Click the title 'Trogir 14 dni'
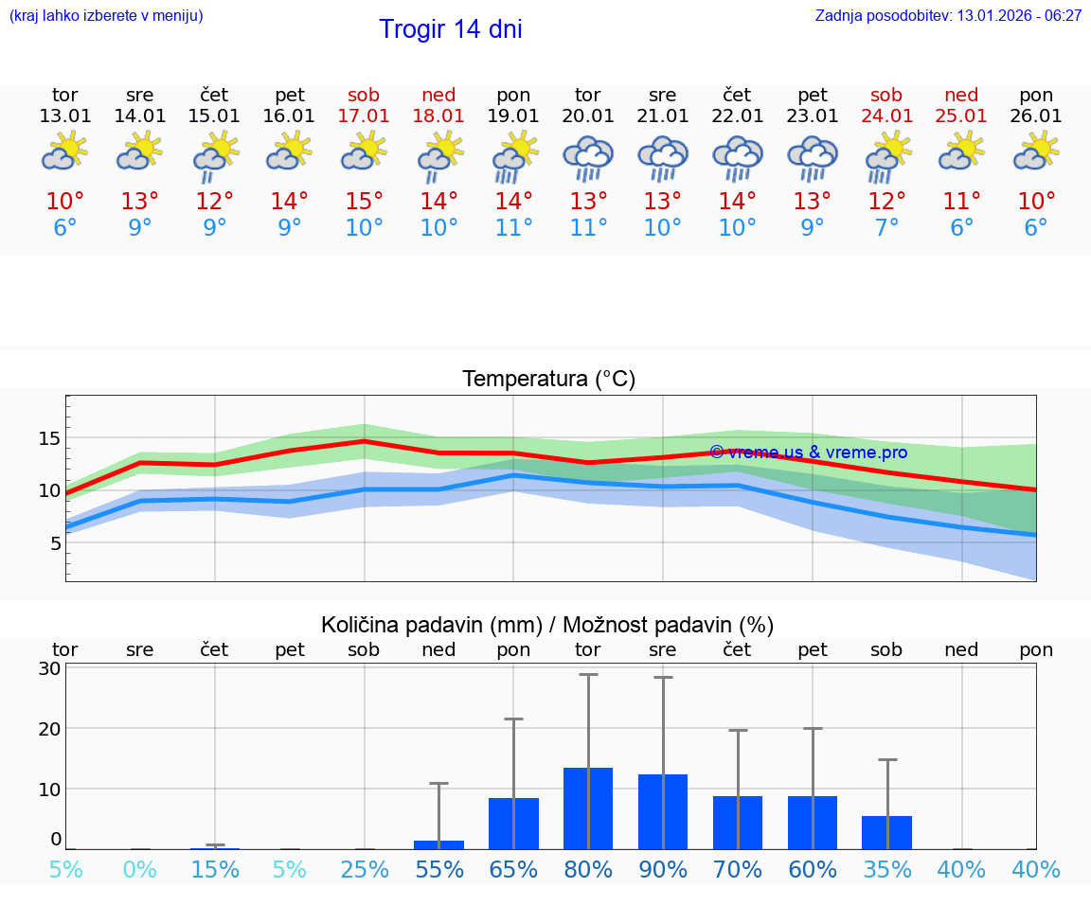(451, 29)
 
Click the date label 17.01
(364, 116)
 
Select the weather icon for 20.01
(588, 158)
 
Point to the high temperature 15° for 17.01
(364, 202)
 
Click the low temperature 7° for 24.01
(887, 228)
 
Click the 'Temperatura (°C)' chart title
(548, 380)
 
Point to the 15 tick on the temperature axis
(49, 438)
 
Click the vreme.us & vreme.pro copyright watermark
(808, 453)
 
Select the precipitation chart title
(547, 625)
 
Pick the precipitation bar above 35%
(887, 832)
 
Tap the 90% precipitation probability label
(663, 869)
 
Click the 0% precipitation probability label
(140, 869)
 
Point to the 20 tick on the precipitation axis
(50, 729)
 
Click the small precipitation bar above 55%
(438, 844)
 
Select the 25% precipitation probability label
(365, 869)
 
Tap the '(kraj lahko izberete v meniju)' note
(106, 16)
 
